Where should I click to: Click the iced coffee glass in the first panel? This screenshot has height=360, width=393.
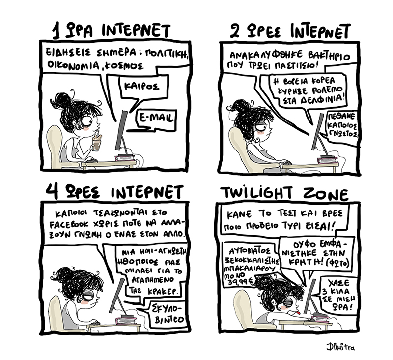click(96, 143)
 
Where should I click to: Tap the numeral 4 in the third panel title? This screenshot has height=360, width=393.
click(52, 191)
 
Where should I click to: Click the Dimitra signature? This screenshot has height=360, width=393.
click(340, 347)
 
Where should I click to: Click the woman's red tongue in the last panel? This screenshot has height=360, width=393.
click(299, 313)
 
